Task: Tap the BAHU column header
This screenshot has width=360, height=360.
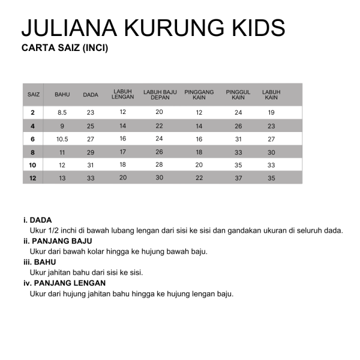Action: click(62, 95)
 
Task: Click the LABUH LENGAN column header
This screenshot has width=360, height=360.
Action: click(122, 95)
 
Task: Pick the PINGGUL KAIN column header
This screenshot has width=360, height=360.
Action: click(238, 95)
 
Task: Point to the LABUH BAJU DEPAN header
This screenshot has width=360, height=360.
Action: click(160, 95)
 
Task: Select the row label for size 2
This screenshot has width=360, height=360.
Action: click(32, 112)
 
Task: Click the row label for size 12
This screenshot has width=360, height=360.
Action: click(32, 178)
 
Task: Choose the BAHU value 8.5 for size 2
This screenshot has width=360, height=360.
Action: click(62, 112)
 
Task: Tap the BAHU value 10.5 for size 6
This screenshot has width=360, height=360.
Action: click(62, 139)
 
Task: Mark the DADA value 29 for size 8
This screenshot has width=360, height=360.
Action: click(91, 152)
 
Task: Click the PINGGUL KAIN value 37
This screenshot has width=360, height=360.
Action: click(238, 178)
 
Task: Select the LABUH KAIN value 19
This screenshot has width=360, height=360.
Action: click(271, 112)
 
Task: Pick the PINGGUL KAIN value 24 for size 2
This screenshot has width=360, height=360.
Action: click(238, 112)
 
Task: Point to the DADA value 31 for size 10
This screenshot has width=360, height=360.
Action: click(91, 165)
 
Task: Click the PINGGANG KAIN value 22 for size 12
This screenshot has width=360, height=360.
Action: click(199, 178)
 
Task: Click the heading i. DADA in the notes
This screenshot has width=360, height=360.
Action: click(37, 219)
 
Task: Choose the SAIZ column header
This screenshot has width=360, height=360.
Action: click(34, 95)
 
